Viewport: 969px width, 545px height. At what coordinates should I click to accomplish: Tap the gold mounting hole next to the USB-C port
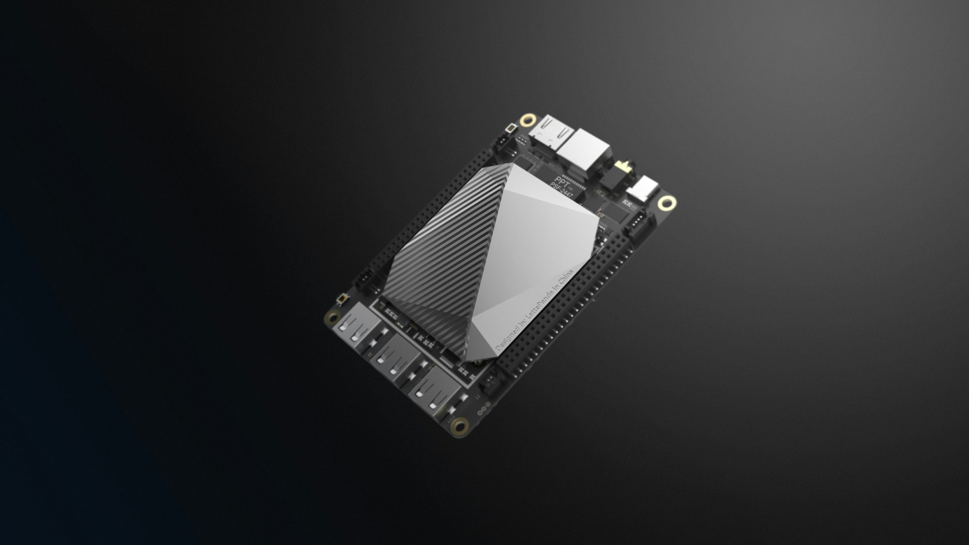click(x=667, y=203)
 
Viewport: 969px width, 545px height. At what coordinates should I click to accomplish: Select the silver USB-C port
click(x=643, y=189)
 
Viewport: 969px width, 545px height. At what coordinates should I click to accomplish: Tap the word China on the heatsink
click(x=565, y=279)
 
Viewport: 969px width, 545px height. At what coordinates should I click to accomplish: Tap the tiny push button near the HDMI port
click(x=510, y=129)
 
